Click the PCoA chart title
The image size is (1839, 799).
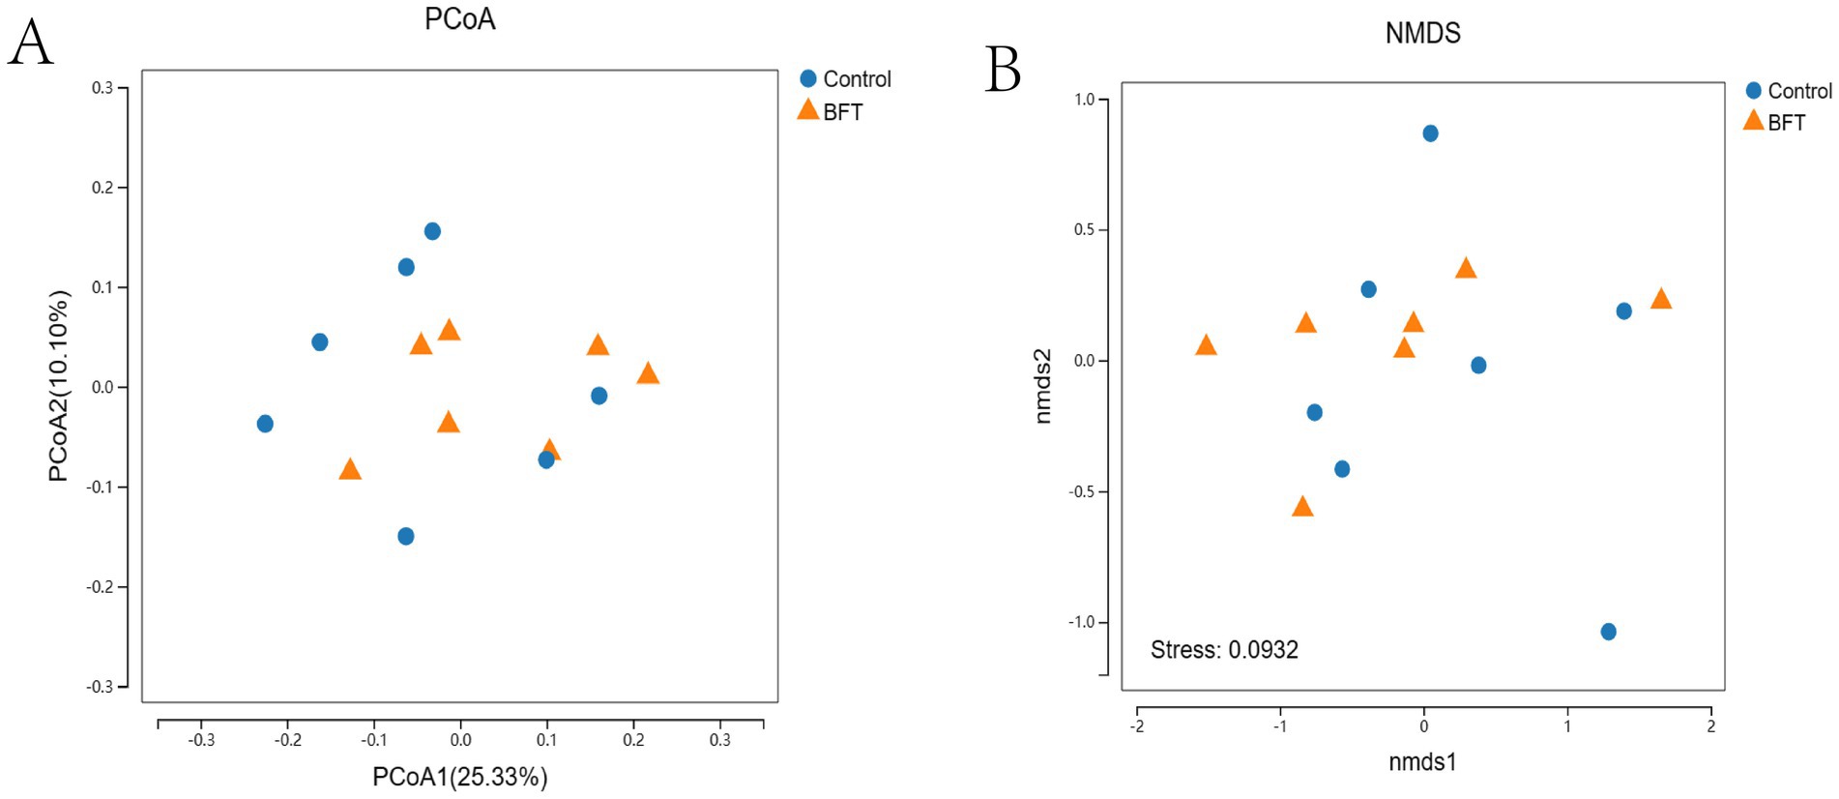pyautogui.click(x=460, y=19)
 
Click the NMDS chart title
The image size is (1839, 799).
pyautogui.click(x=1422, y=33)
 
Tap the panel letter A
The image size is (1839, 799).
pyautogui.click(x=30, y=44)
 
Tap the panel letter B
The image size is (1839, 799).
pyautogui.click(x=1003, y=70)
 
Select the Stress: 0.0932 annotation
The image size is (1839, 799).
pyautogui.click(x=1224, y=649)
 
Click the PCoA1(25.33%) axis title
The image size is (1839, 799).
pyautogui.click(x=460, y=777)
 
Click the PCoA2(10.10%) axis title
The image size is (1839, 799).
pyautogui.click(x=59, y=385)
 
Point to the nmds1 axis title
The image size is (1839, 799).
pyautogui.click(x=1422, y=761)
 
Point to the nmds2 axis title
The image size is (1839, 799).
pyautogui.click(x=1042, y=386)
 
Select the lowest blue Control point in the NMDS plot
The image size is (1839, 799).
pyautogui.click(x=1608, y=632)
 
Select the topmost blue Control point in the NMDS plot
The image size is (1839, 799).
pyautogui.click(x=1430, y=133)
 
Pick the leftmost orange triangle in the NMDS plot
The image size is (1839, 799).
pyautogui.click(x=1206, y=345)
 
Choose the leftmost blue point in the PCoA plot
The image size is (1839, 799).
pyautogui.click(x=265, y=424)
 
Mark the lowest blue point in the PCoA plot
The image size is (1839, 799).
pyautogui.click(x=406, y=536)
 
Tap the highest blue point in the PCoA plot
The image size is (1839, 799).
pyautogui.click(x=432, y=231)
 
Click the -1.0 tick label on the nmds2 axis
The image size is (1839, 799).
pyautogui.click(x=1081, y=622)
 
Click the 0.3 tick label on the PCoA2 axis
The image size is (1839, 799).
pyautogui.click(x=102, y=88)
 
